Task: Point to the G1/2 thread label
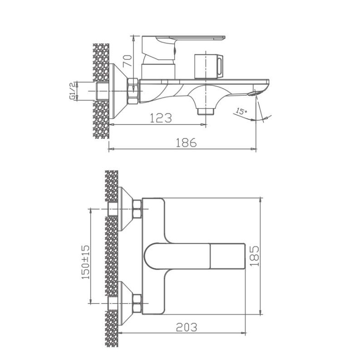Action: [x=72, y=91]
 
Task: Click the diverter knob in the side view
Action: [x=209, y=65]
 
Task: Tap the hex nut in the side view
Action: [x=133, y=90]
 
